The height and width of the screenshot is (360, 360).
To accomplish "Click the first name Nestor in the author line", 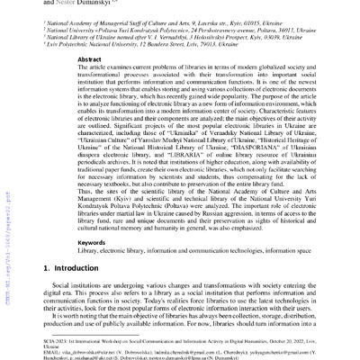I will coord(63,3).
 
